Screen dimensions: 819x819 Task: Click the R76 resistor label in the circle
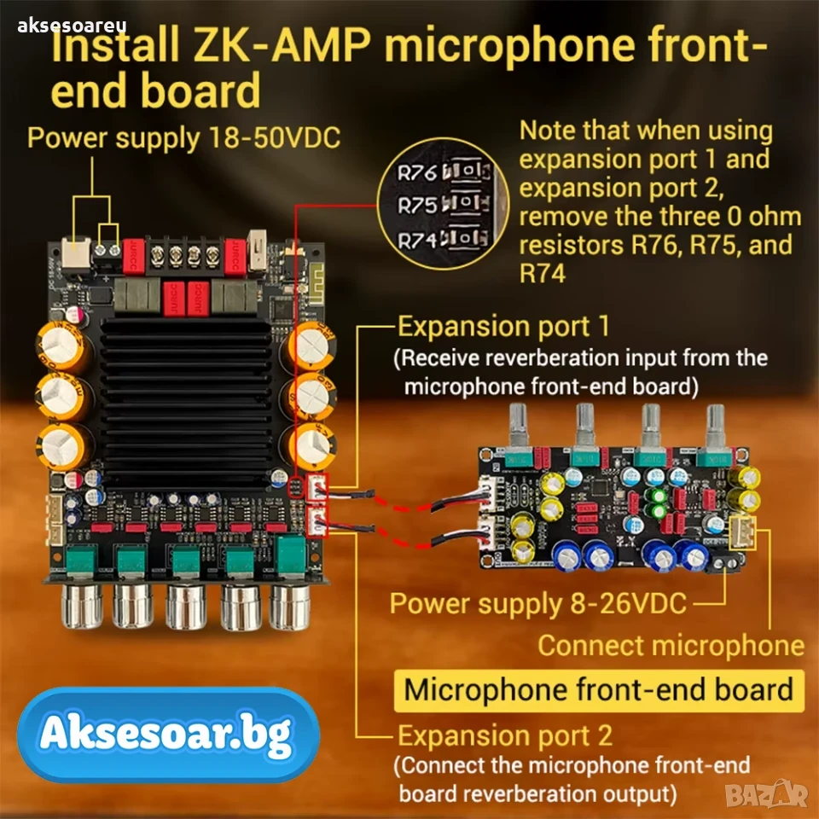click(417, 173)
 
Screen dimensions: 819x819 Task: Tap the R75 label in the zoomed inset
click(417, 206)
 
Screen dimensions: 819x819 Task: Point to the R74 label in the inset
click(417, 241)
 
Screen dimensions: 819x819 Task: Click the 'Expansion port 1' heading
click(503, 327)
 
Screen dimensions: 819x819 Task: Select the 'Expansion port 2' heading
click(505, 735)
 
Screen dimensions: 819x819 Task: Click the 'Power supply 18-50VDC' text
click(184, 138)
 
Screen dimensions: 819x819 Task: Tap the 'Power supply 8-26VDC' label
click(538, 604)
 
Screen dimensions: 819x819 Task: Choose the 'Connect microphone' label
click(671, 646)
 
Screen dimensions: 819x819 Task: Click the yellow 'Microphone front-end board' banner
click(599, 690)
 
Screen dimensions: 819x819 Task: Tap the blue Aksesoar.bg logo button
click(168, 735)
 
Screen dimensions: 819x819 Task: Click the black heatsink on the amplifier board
click(185, 404)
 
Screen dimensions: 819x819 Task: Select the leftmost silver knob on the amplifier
click(82, 606)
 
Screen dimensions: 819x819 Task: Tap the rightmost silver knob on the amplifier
click(290, 606)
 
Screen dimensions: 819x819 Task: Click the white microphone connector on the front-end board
click(742, 532)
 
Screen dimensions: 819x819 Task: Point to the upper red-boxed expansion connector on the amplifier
click(318, 488)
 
